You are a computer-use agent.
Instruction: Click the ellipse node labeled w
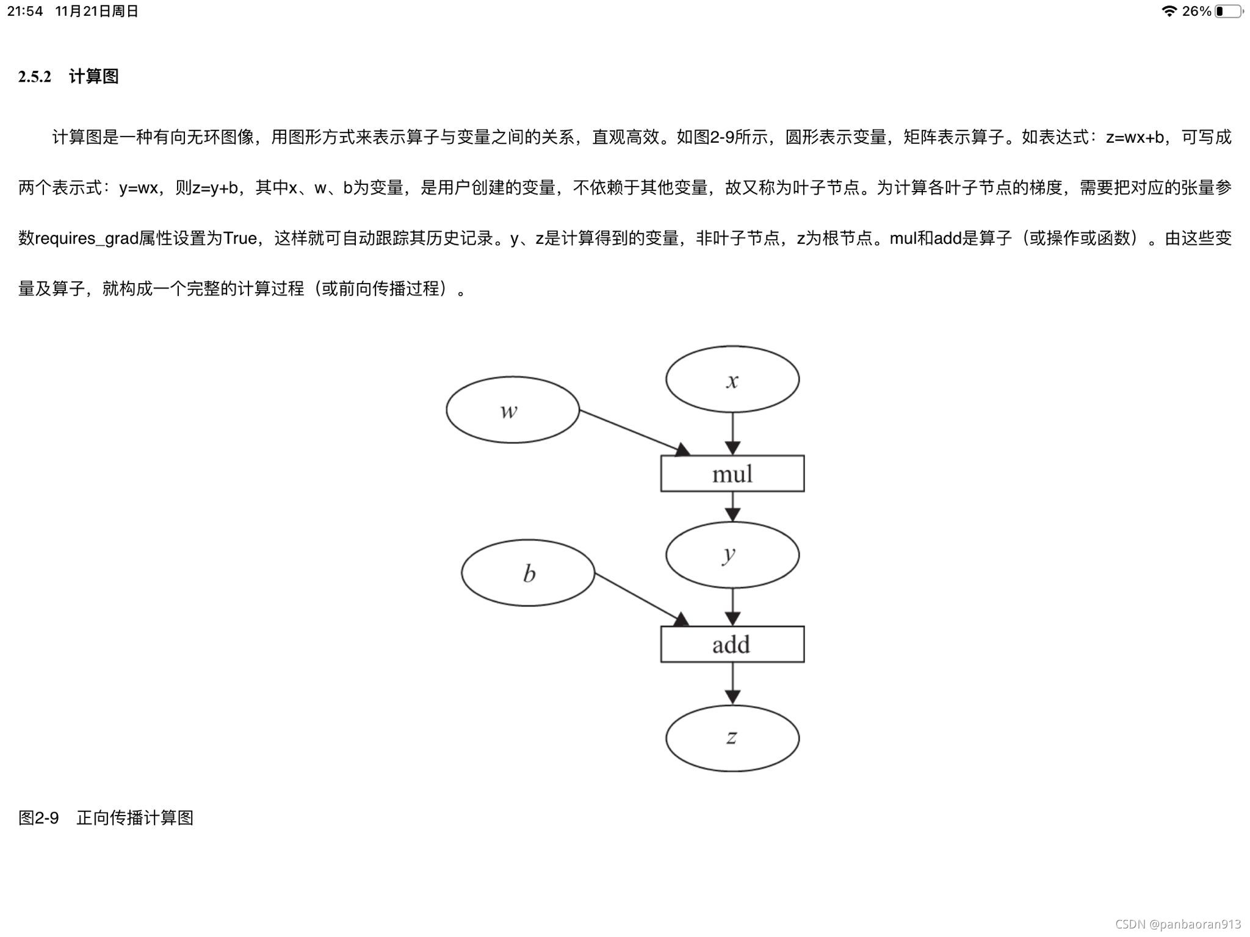click(x=513, y=410)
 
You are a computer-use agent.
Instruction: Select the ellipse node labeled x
click(x=732, y=379)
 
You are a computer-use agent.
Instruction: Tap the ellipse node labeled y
click(x=732, y=555)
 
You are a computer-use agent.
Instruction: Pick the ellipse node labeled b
click(x=528, y=573)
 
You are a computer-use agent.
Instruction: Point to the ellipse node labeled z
click(x=732, y=738)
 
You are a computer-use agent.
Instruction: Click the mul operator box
click(x=732, y=473)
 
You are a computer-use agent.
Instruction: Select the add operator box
click(x=732, y=644)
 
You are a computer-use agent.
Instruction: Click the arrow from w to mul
click(x=632, y=431)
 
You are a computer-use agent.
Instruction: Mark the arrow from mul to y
click(x=732, y=506)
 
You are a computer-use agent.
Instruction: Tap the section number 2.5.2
click(x=35, y=77)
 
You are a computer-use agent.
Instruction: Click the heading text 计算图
click(x=93, y=77)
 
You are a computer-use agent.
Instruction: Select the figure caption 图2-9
click(x=38, y=818)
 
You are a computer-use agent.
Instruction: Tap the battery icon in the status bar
click(x=1228, y=11)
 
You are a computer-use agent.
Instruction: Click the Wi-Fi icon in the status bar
click(x=1169, y=11)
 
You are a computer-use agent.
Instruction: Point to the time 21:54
click(x=25, y=11)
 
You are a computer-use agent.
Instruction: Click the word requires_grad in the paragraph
click(x=87, y=239)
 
